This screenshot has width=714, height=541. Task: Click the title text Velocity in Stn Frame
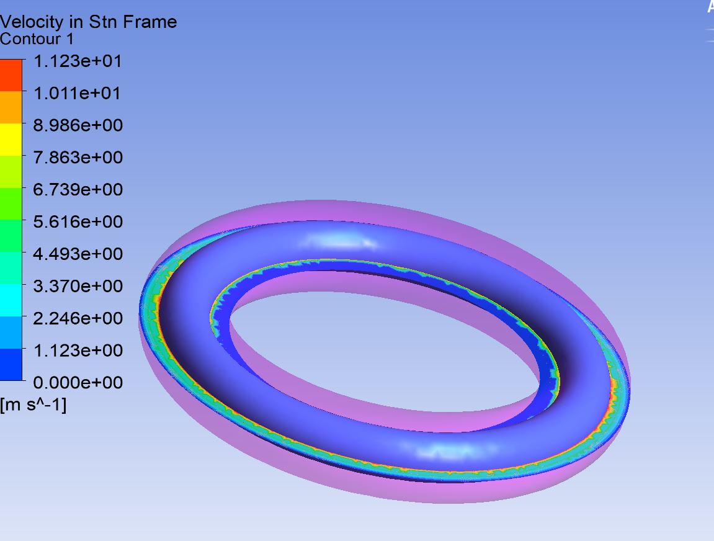88,22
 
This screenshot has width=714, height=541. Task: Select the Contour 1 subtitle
37,40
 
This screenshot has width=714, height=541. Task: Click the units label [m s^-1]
33,405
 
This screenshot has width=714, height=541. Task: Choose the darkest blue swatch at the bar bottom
11,365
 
